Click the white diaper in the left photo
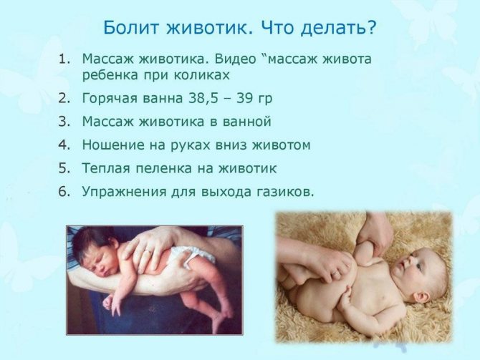tap(192, 256)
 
